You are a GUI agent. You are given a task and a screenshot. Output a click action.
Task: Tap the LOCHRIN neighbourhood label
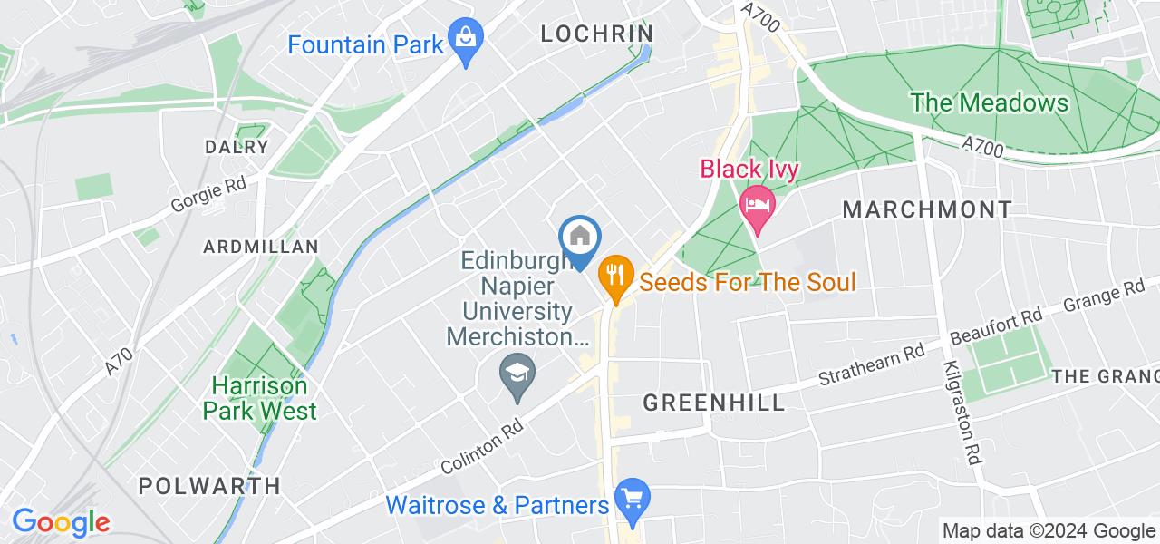click(x=596, y=34)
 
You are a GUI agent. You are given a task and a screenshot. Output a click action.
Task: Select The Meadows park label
click(x=990, y=102)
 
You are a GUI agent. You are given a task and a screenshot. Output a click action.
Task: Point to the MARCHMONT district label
click(x=927, y=209)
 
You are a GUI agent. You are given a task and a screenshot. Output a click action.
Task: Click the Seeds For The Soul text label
click(x=748, y=281)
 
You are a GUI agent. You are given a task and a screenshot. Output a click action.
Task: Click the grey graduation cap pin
click(x=517, y=374)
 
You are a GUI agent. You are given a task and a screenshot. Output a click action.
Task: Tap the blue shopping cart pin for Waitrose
click(x=632, y=500)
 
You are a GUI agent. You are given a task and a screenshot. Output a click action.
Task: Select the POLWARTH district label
click(x=209, y=485)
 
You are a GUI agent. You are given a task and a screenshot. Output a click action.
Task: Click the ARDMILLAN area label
click(x=261, y=247)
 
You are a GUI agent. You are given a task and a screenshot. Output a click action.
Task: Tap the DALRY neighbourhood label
click(x=237, y=147)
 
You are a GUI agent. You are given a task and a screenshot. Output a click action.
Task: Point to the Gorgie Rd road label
click(x=208, y=195)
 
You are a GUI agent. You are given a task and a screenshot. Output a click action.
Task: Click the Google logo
click(x=61, y=522)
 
